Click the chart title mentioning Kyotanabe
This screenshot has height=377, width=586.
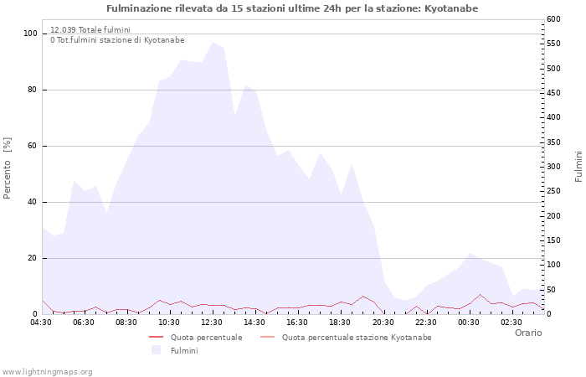[293, 8]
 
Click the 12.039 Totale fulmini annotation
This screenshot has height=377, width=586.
[90, 30]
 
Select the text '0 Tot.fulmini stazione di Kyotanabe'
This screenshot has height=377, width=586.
[117, 40]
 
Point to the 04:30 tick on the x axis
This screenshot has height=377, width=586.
[41, 322]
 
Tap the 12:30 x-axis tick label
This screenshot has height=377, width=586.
[212, 322]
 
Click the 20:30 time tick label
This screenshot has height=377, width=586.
[383, 322]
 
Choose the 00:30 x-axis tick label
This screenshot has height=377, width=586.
[469, 322]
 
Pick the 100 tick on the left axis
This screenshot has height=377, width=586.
[30, 34]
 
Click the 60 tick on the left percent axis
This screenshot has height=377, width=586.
[33, 146]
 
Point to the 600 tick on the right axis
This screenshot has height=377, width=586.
[554, 19]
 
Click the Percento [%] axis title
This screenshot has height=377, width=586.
[8, 168]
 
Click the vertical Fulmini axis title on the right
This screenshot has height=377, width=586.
[578, 167]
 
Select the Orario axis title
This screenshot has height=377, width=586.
[527, 333]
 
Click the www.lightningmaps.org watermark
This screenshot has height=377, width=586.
[47, 371]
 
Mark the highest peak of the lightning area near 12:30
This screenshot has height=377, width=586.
[213, 42]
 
